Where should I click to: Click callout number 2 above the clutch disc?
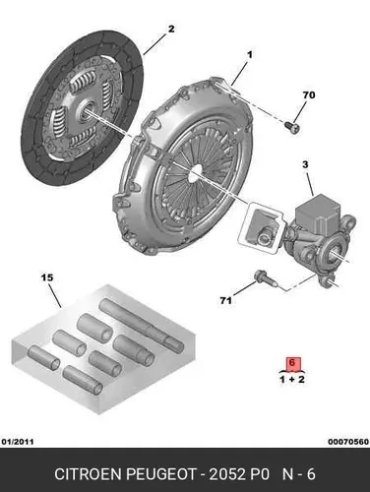pos(171,29)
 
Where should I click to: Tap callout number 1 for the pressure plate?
pos(250,55)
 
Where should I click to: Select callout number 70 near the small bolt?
pos(309,95)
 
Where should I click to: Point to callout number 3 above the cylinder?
pos(305,164)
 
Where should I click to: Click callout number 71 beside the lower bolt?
pos(225,300)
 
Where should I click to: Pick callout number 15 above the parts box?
pos(47,277)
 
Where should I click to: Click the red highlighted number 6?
pos(292,363)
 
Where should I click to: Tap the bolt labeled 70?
pos(292,128)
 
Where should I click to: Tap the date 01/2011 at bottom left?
pos(18,442)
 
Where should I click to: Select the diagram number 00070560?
pos(348,442)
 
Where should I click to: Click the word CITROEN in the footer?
pos(89,474)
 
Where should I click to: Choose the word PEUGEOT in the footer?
pos(161,474)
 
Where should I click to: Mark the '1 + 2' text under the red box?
pos(292,380)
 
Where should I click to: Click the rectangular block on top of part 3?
pos(315,214)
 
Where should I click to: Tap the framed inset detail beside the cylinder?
pos(261,228)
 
